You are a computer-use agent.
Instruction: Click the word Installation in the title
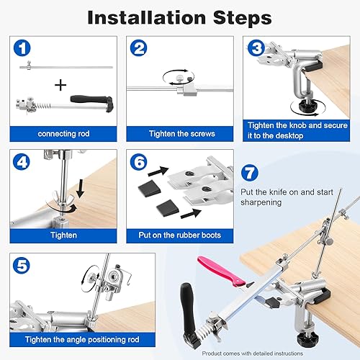point(147,17)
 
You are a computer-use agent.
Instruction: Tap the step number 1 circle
point(22,48)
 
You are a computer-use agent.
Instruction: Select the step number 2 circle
point(138,48)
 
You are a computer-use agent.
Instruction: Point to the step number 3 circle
point(256,48)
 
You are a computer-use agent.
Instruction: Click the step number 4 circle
point(22,162)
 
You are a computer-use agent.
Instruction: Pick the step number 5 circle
point(22,266)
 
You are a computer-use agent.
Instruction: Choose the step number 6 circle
point(138,162)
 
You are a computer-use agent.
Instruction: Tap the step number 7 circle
point(250,173)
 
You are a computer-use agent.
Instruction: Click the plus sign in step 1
point(60,85)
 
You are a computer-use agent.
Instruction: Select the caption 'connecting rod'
point(63,134)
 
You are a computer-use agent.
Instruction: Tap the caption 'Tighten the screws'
point(182,134)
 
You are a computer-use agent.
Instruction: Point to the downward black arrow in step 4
point(81,189)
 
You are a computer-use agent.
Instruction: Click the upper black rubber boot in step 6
point(149,187)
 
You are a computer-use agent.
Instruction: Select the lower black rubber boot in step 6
point(167,208)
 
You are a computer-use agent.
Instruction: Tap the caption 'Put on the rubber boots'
point(180,235)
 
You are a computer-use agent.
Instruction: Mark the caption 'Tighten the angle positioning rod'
point(82,340)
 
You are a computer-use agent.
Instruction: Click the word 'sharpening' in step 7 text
point(261,202)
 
